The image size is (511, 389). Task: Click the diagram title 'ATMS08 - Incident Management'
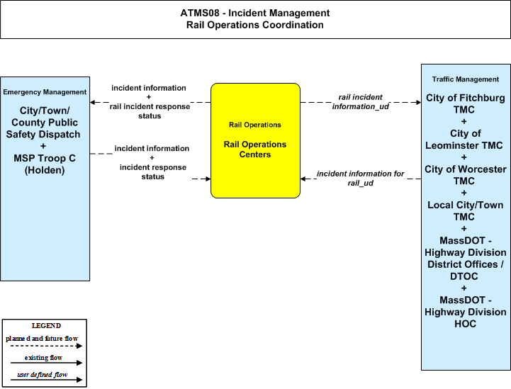(x=255, y=13)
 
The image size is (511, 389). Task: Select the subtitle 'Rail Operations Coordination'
(x=255, y=25)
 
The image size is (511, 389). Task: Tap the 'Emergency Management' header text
(x=45, y=92)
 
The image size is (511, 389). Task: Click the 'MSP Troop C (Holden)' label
(x=45, y=164)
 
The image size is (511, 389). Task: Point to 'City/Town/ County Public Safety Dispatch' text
(x=44, y=123)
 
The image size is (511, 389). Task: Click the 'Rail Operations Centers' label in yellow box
(x=255, y=150)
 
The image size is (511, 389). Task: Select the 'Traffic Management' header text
(x=466, y=79)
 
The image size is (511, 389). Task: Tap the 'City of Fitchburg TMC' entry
(x=466, y=103)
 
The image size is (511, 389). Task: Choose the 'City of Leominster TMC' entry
(x=464, y=140)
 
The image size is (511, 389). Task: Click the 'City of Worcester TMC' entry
(x=466, y=175)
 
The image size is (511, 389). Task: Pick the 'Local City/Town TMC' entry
(x=466, y=210)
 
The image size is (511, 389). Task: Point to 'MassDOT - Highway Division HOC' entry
(x=466, y=312)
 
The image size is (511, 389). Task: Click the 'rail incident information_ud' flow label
(x=361, y=102)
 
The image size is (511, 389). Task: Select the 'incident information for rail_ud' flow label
(x=361, y=179)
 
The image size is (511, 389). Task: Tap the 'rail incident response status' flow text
(x=150, y=111)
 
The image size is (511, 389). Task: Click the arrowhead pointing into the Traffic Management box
(x=419, y=102)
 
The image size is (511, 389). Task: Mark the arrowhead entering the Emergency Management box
(x=93, y=102)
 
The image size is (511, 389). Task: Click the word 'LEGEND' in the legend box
(x=46, y=326)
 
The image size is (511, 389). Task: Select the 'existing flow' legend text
(x=43, y=358)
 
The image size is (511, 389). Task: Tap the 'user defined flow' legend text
(x=43, y=375)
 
